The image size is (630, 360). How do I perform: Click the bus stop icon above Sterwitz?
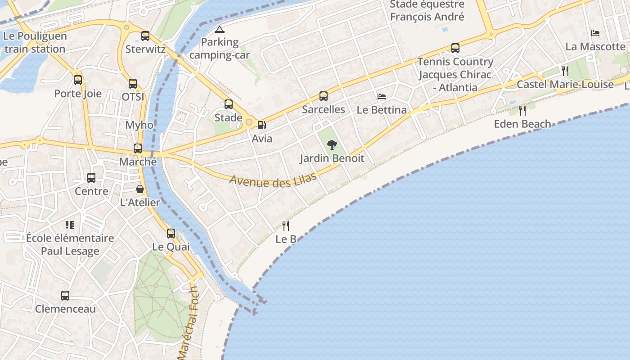click(145, 36)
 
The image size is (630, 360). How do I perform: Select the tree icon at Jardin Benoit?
click(332, 145)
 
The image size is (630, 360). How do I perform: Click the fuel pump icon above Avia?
click(261, 125)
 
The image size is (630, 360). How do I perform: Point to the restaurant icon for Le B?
click(286, 225)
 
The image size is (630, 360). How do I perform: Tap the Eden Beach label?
click(522, 124)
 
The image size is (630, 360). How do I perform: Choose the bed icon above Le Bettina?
click(382, 96)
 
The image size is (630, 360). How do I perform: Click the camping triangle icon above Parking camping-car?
click(219, 30)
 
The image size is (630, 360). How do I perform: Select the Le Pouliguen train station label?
click(35, 42)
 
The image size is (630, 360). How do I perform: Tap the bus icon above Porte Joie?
click(78, 80)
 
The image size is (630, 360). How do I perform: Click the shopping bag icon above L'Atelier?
click(140, 189)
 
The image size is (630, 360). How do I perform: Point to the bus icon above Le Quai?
click(171, 234)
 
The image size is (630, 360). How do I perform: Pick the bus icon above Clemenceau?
click(65, 296)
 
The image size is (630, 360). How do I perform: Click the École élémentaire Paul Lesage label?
click(70, 244)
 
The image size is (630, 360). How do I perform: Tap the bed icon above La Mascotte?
click(595, 33)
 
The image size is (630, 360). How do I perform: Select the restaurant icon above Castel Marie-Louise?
click(565, 71)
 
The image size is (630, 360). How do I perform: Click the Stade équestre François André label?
click(427, 11)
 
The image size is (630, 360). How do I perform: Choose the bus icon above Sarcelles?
click(324, 96)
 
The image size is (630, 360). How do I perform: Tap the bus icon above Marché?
click(138, 148)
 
